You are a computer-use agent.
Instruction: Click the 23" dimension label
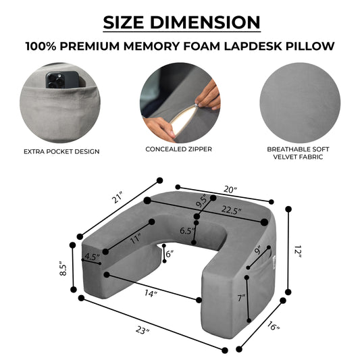143,330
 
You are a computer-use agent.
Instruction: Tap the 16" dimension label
274,326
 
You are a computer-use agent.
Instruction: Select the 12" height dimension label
298,251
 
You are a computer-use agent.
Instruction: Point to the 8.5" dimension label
63,268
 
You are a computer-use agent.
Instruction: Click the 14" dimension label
151,293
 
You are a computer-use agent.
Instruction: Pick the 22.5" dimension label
232,210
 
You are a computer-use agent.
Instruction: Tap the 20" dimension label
230,190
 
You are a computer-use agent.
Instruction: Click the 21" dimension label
118,197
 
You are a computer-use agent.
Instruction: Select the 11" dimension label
135,239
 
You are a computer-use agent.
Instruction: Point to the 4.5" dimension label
92,256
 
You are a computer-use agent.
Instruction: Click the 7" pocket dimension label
241,298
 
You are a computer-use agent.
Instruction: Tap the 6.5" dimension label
187,230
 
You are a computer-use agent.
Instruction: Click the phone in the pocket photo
63,80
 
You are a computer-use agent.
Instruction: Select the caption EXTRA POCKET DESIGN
61,151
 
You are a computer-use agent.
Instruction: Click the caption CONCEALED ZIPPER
178,149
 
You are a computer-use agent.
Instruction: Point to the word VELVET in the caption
285,157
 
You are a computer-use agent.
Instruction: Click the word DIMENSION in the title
205,22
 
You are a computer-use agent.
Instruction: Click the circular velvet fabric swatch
300,103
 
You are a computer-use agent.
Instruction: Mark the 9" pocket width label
259,250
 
